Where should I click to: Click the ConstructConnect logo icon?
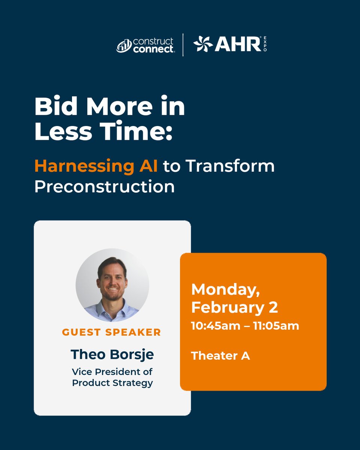[x=124, y=46]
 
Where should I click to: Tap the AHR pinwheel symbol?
[x=203, y=44]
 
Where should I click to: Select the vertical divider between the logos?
[x=183, y=45]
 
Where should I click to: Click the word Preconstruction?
[x=104, y=187]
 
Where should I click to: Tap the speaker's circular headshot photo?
[x=112, y=285]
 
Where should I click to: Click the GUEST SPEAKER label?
[x=111, y=332]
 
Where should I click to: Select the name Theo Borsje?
[x=112, y=354]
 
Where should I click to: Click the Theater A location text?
[x=220, y=355]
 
